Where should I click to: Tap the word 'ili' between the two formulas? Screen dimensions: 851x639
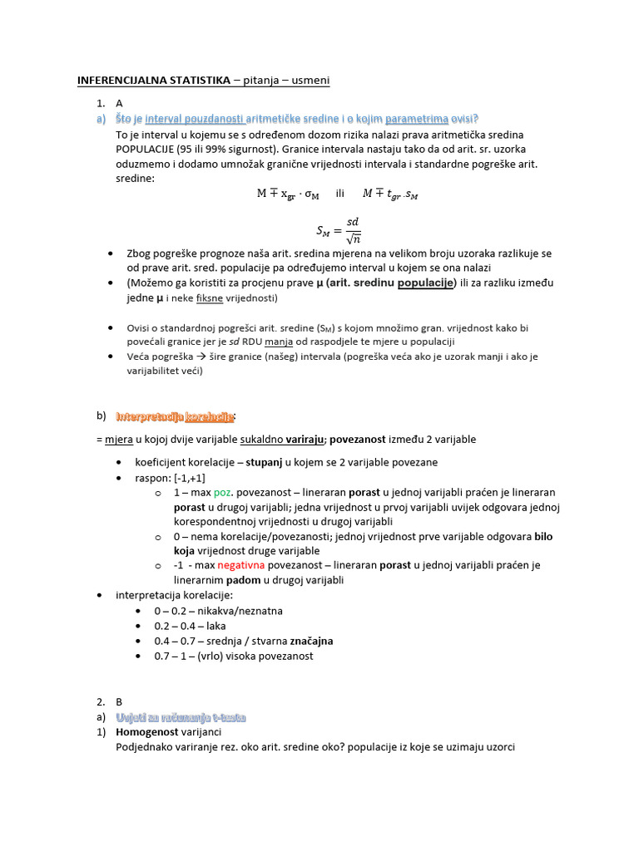pos(339,194)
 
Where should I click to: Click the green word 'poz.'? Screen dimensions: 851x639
pos(225,492)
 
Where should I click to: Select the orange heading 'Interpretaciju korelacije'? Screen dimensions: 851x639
pos(176,416)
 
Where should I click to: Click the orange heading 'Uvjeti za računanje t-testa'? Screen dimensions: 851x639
pos(181,716)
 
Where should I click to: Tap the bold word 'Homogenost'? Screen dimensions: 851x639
pos(147,732)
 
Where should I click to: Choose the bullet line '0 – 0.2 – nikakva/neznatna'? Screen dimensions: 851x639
pos(218,611)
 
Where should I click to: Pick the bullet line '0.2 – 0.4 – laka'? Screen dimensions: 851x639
pos(190,626)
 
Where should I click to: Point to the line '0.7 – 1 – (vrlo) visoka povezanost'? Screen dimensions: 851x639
pos(234,656)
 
